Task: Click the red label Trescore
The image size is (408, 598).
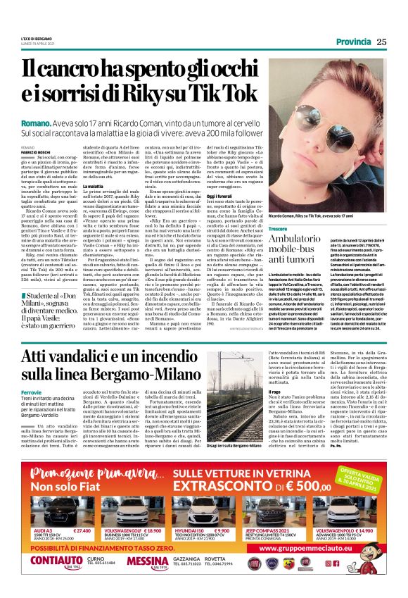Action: click(279, 230)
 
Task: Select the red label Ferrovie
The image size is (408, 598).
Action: click(32, 391)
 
